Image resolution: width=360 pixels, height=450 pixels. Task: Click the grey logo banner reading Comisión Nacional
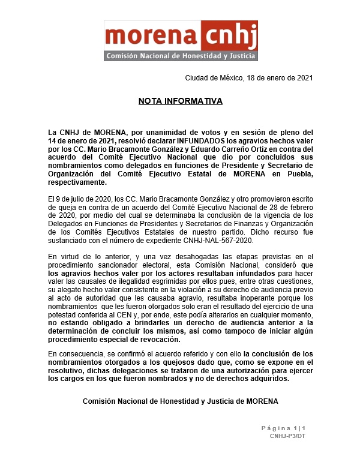tap(181, 56)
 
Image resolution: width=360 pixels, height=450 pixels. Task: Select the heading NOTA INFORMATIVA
tap(180, 101)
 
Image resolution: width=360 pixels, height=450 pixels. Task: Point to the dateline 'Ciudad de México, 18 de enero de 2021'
tap(249, 78)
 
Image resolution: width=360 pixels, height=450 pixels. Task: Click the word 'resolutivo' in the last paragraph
tap(67, 371)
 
